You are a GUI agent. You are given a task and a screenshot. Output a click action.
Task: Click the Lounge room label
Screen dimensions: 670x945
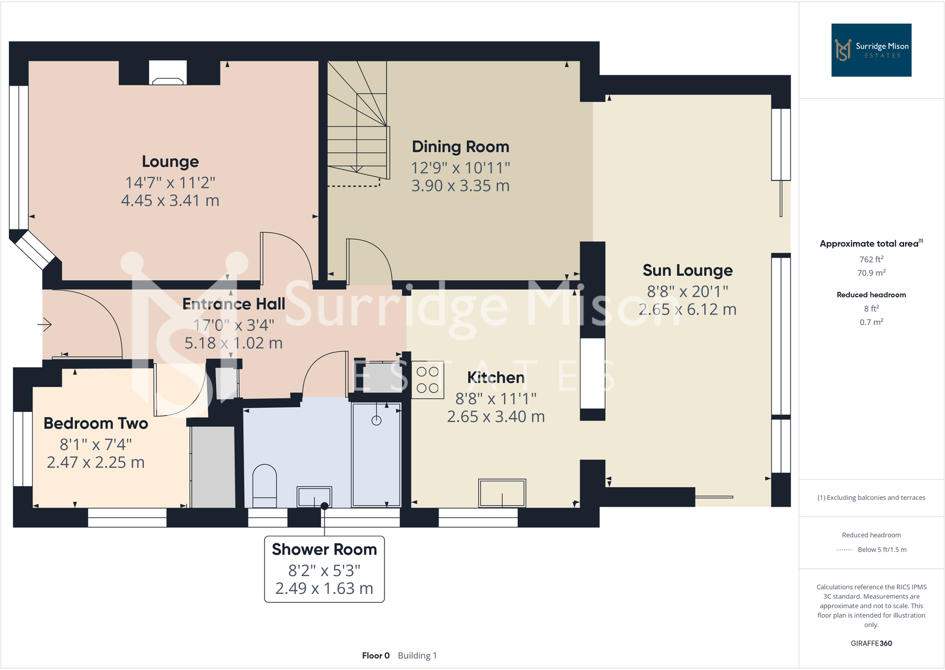(170, 162)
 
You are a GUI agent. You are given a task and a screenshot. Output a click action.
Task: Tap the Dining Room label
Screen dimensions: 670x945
(460, 147)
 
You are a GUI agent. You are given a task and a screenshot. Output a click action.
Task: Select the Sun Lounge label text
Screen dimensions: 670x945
(687, 270)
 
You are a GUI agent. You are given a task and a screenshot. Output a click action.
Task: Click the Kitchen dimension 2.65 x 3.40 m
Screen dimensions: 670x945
(496, 417)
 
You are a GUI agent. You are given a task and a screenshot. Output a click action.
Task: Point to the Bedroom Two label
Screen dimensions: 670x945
(96, 423)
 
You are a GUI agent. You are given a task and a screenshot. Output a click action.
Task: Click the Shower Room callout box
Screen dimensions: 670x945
(324, 569)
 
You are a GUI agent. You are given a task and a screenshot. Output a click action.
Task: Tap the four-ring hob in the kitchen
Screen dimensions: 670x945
(427, 380)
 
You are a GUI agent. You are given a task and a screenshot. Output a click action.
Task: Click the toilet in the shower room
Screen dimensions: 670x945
(264, 485)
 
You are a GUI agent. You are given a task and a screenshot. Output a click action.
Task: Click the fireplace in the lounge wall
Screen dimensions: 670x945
(168, 74)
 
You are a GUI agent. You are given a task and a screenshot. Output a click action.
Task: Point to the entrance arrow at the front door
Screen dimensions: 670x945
(45, 325)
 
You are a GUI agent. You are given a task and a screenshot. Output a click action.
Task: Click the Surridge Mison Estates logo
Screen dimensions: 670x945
(871, 50)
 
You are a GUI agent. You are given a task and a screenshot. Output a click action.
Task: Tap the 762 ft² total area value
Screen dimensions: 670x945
(871, 259)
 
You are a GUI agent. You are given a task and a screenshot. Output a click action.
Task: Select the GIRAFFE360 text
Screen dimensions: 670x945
(871, 643)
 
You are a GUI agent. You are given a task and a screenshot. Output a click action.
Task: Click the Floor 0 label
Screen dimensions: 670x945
(376, 656)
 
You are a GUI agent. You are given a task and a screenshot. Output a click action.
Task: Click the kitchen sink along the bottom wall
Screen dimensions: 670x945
(502, 493)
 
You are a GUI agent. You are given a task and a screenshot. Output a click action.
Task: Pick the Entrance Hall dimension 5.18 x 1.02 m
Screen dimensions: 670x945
(233, 343)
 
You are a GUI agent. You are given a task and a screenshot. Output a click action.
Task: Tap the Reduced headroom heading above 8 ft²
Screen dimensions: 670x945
(871, 295)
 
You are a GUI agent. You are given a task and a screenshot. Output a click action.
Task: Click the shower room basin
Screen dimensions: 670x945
(314, 496)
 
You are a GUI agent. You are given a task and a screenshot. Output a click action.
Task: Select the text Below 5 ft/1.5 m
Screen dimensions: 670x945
(881, 550)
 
